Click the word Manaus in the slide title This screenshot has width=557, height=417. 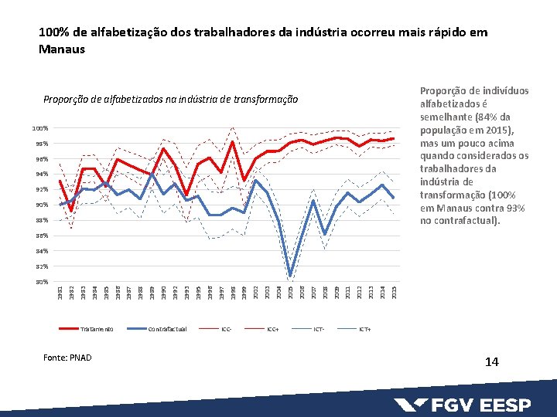click(x=61, y=49)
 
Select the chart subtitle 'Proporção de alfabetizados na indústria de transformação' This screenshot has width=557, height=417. click(x=170, y=100)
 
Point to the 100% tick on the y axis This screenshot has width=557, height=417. click(x=40, y=128)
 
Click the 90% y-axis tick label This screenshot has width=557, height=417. click(x=41, y=205)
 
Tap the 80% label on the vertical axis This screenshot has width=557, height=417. click(x=41, y=282)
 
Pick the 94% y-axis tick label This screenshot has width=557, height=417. click(x=41, y=175)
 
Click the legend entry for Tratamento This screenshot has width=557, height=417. click(x=96, y=329)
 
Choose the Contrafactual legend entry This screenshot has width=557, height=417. click(x=167, y=329)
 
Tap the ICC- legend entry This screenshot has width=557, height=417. click(x=226, y=329)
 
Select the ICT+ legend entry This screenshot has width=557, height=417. click(x=364, y=329)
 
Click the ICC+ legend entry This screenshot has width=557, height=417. click(x=272, y=329)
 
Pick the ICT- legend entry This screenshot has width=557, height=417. click(x=319, y=329)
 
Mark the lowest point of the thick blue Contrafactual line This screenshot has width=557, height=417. click(x=290, y=276)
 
